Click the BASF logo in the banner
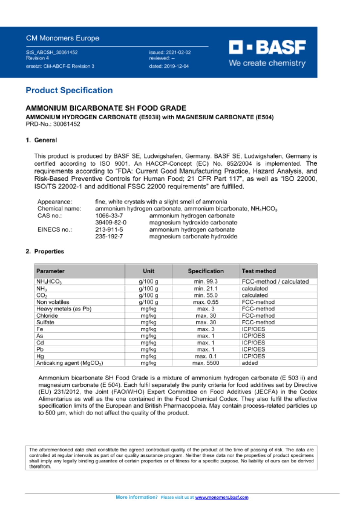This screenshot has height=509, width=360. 267,47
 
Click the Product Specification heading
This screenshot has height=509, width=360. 69,90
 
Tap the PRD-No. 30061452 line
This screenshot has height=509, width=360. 53,124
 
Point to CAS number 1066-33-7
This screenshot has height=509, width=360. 109,216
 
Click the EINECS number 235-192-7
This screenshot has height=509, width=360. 109,236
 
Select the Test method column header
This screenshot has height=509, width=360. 259,271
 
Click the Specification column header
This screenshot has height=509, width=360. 205,271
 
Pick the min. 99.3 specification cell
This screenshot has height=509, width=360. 205,281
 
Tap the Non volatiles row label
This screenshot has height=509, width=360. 53,302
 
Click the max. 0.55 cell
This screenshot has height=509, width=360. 205,302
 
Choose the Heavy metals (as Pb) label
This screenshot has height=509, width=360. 64,309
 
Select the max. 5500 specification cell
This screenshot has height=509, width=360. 205,363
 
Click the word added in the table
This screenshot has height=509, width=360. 250,363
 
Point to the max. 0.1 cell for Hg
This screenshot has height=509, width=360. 205,356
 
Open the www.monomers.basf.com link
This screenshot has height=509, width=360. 221,497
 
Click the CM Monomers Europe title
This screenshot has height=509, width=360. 63,38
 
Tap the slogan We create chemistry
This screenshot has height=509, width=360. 267,63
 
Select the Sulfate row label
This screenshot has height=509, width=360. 45,322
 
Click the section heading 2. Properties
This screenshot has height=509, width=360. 45,251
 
